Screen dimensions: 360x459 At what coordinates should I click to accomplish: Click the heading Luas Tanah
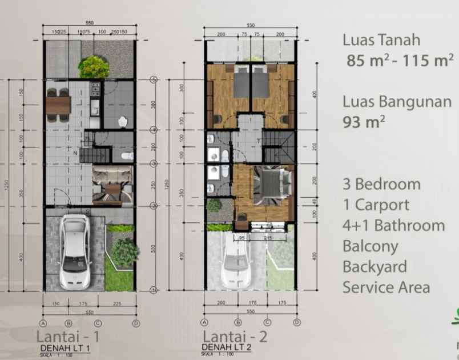click(381, 40)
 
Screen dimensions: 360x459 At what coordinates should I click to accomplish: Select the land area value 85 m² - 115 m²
click(400, 60)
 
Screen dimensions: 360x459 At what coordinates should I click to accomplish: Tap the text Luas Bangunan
click(397, 102)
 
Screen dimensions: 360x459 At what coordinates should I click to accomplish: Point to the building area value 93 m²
click(363, 122)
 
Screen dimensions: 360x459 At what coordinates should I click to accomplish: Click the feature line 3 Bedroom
click(381, 185)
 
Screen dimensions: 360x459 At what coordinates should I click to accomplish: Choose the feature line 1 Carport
click(376, 205)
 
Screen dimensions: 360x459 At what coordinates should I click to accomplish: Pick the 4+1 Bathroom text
click(393, 226)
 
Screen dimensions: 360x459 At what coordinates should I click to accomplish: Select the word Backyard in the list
click(375, 267)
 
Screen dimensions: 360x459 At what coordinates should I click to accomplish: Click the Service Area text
click(386, 287)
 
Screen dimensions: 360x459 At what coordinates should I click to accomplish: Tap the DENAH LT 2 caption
click(227, 347)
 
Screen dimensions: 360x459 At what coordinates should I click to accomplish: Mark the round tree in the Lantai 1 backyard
click(94, 67)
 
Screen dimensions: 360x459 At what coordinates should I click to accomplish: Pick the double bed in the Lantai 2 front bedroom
click(267, 184)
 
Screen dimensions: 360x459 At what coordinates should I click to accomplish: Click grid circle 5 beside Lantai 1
click(153, 79)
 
